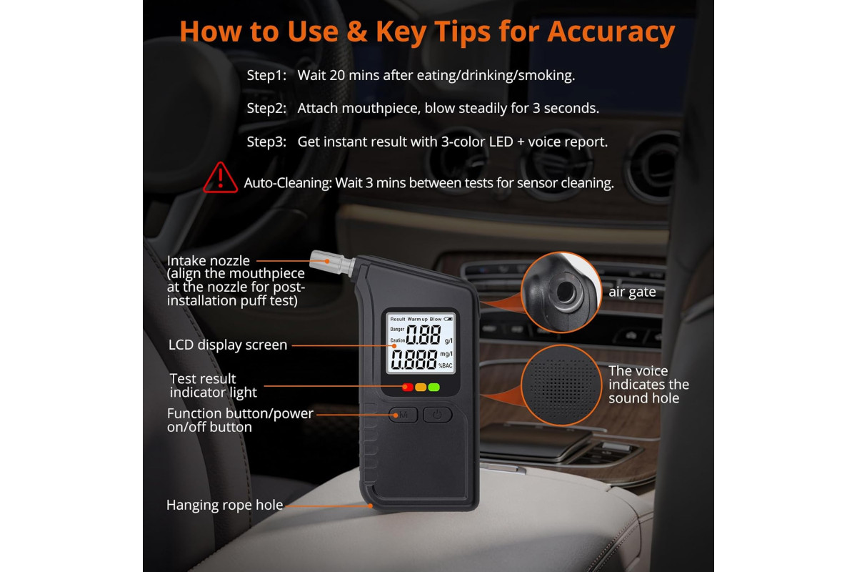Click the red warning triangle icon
click(221, 178)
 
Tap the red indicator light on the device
click(408, 387)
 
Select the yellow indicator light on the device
click(421, 387)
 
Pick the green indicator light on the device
click(434, 387)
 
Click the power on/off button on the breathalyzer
click(437, 415)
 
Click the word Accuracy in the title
click(611, 32)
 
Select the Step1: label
click(266, 76)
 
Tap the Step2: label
click(266, 109)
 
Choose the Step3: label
click(266, 142)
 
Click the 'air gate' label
click(632, 292)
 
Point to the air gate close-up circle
click(561, 292)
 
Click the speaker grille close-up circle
click(561, 385)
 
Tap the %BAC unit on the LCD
click(446, 366)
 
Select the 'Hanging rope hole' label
click(224, 505)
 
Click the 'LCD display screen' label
click(228, 345)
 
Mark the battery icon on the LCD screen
click(448, 319)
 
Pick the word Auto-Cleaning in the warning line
click(288, 183)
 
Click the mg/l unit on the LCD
click(446, 355)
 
